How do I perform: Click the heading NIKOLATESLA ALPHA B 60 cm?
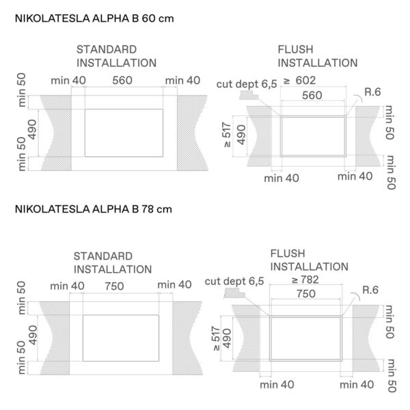pyautogui.click(x=94, y=18)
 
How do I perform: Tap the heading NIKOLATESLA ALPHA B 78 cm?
pyautogui.click(x=94, y=209)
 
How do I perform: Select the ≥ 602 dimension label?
pyautogui.click(x=300, y=81)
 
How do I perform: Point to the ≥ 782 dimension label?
pyautogui.click(x=305, y=279)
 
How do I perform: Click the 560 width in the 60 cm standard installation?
pyautogui.click(x=122, y=81)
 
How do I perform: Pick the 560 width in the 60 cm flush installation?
pyautogui.click(x=312, y=95)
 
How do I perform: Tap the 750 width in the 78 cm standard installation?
pyautogui.click(x=115, y=286)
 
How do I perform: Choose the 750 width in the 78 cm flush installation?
pyautogui.click(x=306, y=294)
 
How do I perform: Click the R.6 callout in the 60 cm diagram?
pyautogui.click(x=372, y=92)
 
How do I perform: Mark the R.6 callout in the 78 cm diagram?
pyautogui.click(x=370, y=290)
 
